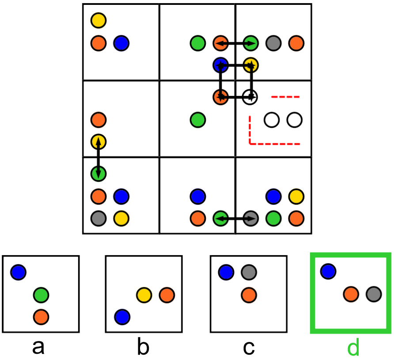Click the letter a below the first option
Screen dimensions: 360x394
coord(38,348)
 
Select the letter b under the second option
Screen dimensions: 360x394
coord(143,348)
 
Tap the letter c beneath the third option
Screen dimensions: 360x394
coord(248,348)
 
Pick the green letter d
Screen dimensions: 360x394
coord(353,348)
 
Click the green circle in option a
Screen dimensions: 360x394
coord(41,294)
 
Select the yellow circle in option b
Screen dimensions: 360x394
coord(144,295)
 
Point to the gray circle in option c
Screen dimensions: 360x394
coord(249,272)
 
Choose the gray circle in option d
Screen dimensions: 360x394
coord(374,293)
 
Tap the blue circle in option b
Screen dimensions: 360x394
coord(122,317)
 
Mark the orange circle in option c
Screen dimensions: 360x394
coord(249,295)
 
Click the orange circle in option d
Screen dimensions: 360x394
coord(351,293)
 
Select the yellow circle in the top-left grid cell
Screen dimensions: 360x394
coord(98,20)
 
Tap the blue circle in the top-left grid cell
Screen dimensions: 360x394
coord(121,43)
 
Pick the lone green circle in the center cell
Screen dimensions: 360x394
coord(197,119)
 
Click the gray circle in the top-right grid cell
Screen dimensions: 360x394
coord(274,43)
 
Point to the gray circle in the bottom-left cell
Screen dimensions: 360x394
coord(98,218)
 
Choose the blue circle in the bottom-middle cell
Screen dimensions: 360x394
coord(197,195)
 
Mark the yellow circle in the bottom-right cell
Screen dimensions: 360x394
coord(296,195)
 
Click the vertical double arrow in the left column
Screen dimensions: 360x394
coord(98,157)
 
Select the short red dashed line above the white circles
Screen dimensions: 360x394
coord(285,96)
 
